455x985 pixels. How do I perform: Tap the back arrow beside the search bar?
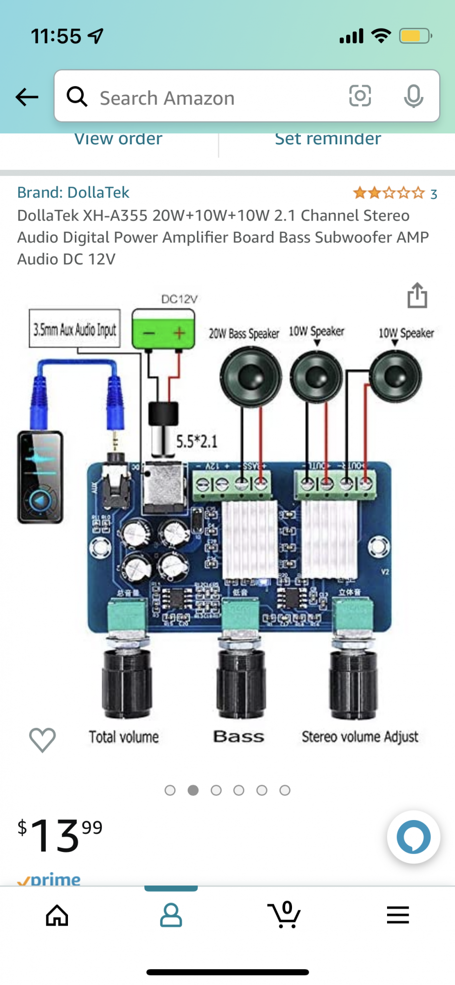tap(27, 97)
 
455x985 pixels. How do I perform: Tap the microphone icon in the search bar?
tap(413, 96)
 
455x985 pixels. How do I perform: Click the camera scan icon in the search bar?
tap(360, 96)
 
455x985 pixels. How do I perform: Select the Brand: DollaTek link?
tap(73, 193)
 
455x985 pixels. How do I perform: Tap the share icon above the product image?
tap(417, 295)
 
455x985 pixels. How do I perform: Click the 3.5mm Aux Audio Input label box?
tap(75, 328)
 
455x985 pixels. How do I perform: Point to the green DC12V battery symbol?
tap(163, 330)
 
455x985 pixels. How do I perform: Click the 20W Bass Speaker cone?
tap(251, 377)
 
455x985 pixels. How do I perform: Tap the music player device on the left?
tap(40, 477)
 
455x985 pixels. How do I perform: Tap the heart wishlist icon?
tap(42, 739)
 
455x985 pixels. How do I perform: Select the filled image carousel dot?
tap(193, 790)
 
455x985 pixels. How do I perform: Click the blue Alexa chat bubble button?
tap(414, 837)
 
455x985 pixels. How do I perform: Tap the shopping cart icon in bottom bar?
tap(284, 915)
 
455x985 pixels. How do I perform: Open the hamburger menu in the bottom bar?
tap(398, 915)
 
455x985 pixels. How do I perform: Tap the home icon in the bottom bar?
tap(57, 916)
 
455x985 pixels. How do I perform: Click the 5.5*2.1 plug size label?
tap(196, 441)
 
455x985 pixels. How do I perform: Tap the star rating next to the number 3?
tap(389, 193)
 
